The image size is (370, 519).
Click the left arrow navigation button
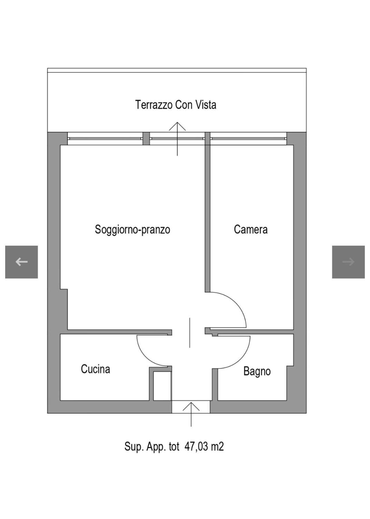click(22, 262)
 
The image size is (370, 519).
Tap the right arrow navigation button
click(348, 262)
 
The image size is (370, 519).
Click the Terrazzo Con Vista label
click(176, 105)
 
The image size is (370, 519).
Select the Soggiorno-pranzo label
click(133, 230)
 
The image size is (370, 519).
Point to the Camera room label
click(251, 229)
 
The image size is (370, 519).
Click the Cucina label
click(96, 369)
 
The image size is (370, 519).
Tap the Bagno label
click(257, 371)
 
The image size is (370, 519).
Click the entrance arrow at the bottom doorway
click(191, 414)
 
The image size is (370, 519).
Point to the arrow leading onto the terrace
click(177, 139)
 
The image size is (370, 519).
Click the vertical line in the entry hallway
click(189, 333)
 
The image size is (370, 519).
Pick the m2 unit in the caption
click(217, 447)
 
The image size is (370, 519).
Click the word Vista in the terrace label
click(206, 105)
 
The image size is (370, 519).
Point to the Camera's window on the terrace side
click(249, 139)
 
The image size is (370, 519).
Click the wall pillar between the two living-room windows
click(146, 139)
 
